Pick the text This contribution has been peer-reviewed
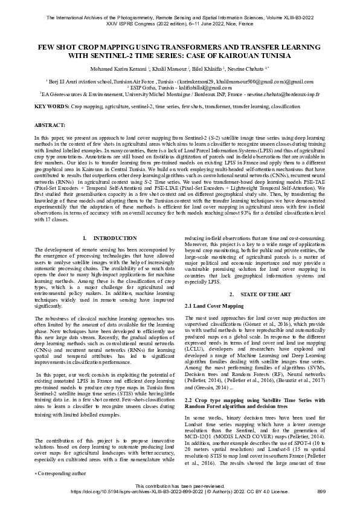(179, 486)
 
